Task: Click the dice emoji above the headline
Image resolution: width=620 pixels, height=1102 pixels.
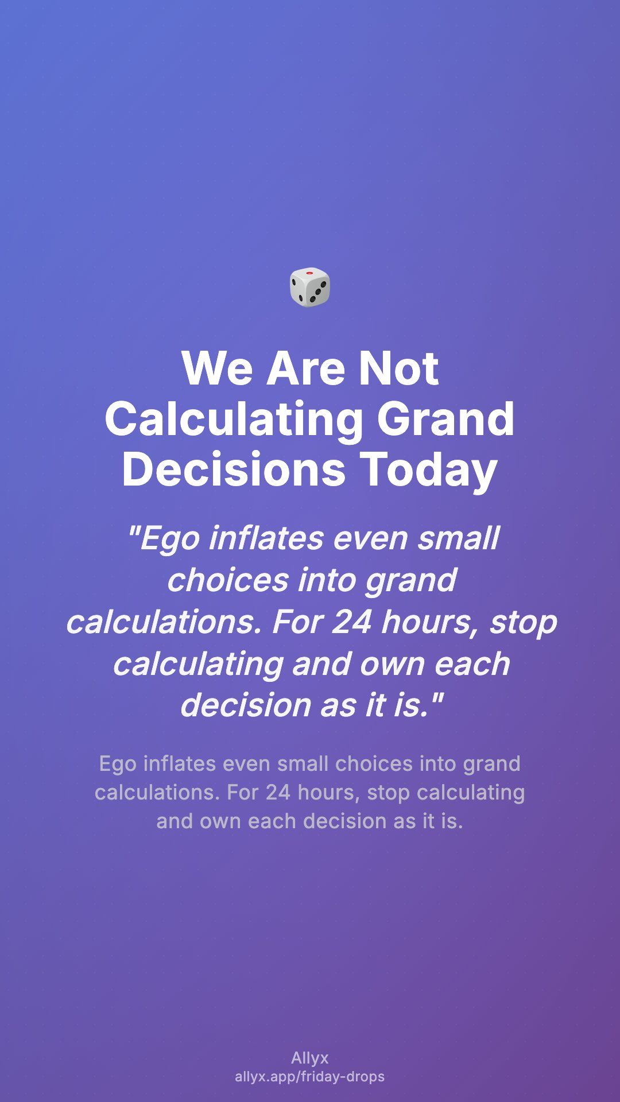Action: click(310, 287)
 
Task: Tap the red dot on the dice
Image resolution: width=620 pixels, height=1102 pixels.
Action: click(310, 273)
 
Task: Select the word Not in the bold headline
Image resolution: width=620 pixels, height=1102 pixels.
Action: click(398, 368)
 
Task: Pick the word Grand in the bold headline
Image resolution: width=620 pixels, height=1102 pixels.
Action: click(445, 418)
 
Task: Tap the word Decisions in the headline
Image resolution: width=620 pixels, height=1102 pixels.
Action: click(234, 469)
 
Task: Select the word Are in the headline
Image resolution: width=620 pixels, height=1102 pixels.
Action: click(306, 368)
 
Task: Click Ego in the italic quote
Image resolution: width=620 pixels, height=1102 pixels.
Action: click(169, 540)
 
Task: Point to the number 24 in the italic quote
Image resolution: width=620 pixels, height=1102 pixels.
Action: click(351, 622)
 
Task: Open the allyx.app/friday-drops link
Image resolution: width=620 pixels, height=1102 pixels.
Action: click(310, 1077)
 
